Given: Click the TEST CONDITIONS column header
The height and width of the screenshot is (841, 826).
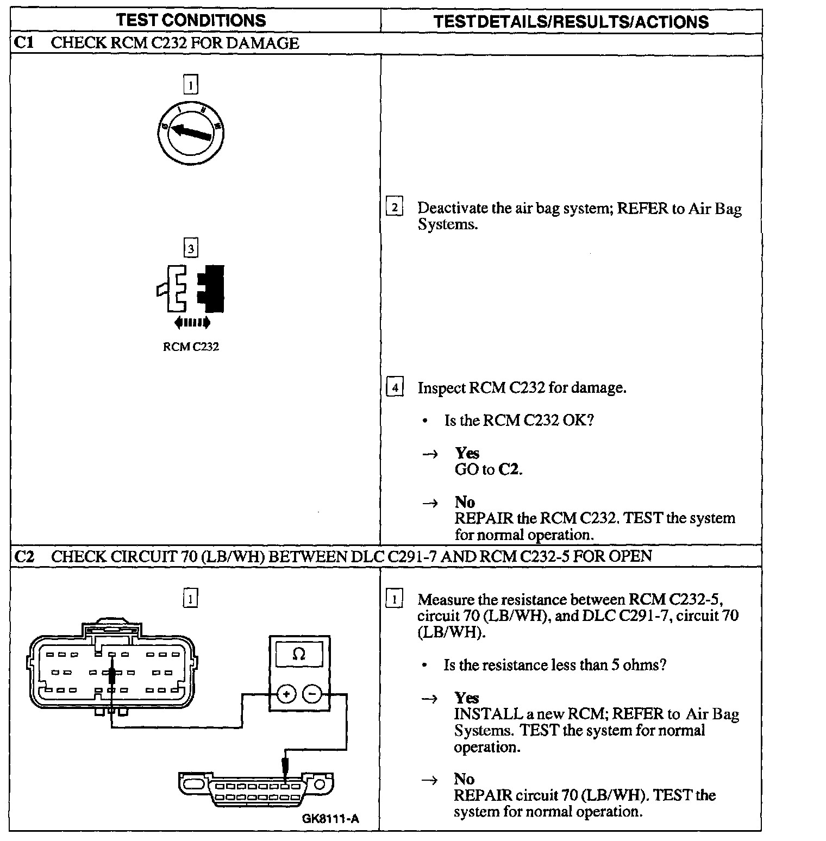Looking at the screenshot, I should click(191, 21).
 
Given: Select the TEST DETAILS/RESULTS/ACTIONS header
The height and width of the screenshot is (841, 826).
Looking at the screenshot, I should click(571, 22).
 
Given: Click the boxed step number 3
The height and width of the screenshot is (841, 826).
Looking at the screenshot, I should click(191, 249).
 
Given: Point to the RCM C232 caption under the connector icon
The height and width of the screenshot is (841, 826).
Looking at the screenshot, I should click(191, 347).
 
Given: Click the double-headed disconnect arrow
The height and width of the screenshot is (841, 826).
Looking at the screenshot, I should click(192, 323).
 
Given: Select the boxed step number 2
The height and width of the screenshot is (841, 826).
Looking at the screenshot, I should click(395, 208).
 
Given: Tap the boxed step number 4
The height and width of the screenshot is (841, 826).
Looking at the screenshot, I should click(395, 387).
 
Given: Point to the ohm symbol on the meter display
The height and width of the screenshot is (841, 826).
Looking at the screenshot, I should click(298, 655).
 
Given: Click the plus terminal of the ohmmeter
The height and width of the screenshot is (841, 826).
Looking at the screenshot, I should click(286, 694).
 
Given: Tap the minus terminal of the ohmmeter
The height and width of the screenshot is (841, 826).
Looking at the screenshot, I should click(312, 694).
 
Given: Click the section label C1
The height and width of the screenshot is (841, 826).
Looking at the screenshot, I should click(23, 43).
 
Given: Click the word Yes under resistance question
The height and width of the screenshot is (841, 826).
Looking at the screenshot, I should click(467, 698).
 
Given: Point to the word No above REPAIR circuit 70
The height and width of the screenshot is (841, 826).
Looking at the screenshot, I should click(465, 779).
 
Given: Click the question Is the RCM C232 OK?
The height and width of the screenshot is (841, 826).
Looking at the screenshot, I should click(518, 421).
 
